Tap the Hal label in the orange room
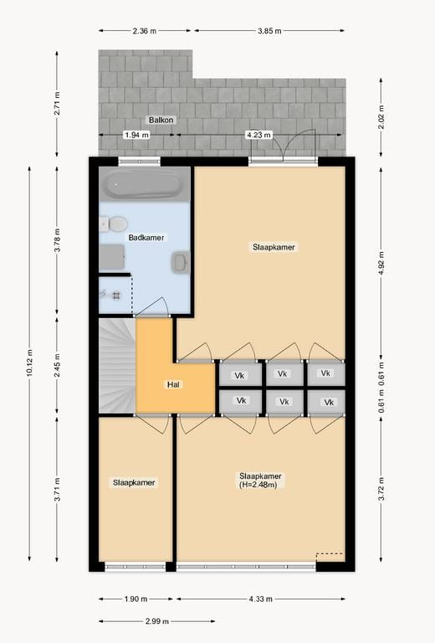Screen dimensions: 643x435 pyautogui.click(x=174, y=385)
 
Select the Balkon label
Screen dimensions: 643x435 pyautogui.click(x=161, y=121)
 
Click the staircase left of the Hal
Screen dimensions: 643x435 pyautogui.click(x=116, y=365)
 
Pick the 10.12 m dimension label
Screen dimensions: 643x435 pyautogui.click(x=29, y=365)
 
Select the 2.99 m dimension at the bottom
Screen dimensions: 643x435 pyautogui.click(x=156, y=621)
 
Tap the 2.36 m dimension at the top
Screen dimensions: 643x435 pyautogui.click(x=144, y=31)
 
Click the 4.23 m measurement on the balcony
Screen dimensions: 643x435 pyautogui.click(x=258, y=135)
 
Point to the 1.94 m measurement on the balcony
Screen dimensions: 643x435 pyautogui.click(x=136, y=135)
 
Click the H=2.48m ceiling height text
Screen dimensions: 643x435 pyautogui.click(x=260, y=485)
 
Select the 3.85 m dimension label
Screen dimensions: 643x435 pyautogui.click(x=269, y=31)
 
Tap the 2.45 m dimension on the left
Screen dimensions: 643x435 pyautogui.click(x=57, y=365)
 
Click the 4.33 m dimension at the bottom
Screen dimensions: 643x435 pyautogui.click(x=259, y=599)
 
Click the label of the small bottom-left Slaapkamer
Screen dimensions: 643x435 pyautogui.click(x=135, y=482)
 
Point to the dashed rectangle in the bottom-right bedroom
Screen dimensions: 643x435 pyautogui.click(x=330, y=558)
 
